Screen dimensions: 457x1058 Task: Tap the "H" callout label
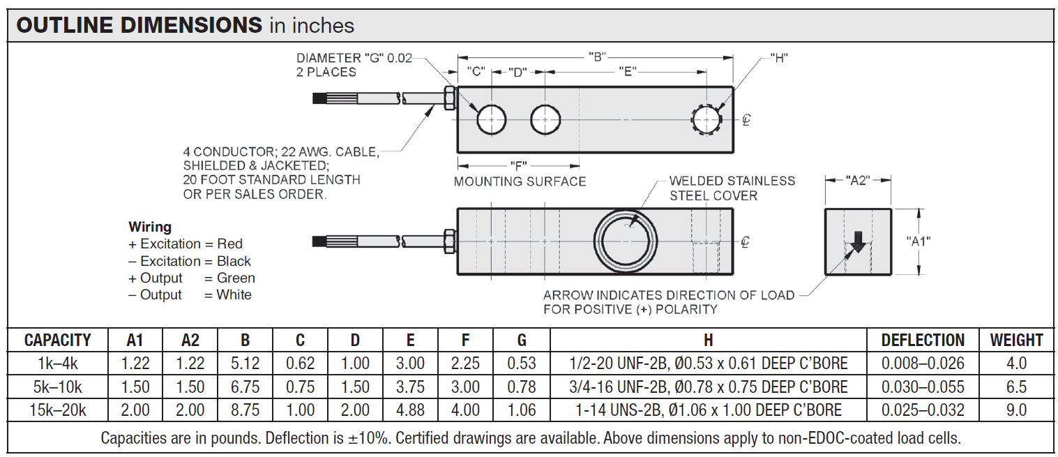[779, 57]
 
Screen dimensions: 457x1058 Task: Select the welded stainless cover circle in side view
[626, 241]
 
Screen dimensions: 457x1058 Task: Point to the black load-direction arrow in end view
[858, 241]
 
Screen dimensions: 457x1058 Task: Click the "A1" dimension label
[919, 241]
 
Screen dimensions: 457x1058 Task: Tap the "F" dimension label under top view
[518, 165]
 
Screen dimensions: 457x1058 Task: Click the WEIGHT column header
[1016, 340]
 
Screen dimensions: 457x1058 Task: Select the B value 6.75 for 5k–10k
[245, 387]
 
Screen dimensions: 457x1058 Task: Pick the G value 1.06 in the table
[522, 410]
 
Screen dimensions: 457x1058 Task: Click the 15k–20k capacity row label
[57, 410]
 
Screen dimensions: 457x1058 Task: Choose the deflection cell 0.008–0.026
[923, 364]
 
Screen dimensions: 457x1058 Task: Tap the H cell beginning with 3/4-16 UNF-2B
[708, 387]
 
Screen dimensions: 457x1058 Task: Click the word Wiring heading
[150, 227]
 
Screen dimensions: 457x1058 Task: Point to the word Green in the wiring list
[236, 278]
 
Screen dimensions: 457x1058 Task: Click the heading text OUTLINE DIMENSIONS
[139, 26]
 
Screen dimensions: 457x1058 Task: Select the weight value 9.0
[1016, 410]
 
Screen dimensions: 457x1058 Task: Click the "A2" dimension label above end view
[857, 180]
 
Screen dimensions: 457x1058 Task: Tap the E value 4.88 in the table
[410, 410]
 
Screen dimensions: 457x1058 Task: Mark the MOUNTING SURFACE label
[520, 181]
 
